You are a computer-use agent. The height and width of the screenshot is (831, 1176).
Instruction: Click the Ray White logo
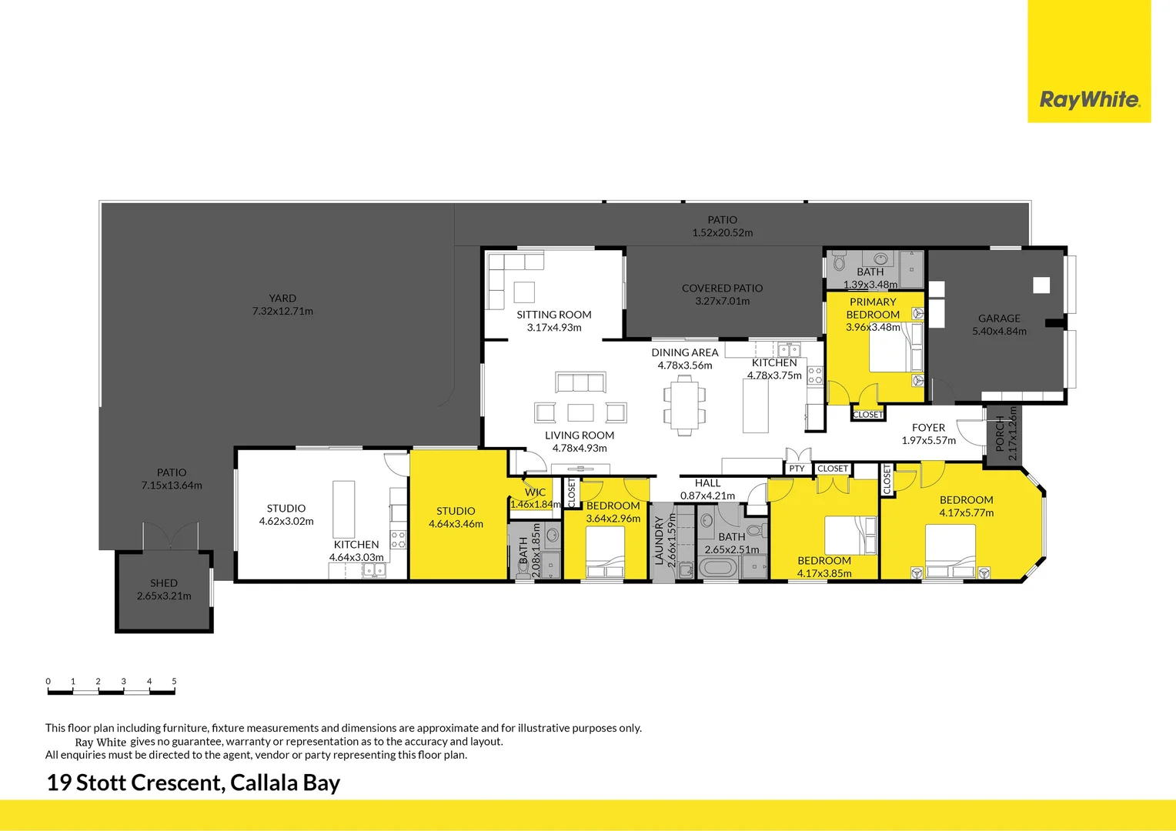pos(1089,99)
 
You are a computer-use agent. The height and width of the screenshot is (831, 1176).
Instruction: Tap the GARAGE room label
pos(999,319)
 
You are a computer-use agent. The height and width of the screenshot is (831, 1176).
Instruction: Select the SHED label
pos(164,583)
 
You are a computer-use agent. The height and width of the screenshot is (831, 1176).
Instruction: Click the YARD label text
pos(282,299)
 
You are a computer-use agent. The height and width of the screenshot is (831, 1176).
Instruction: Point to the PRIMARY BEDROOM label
pos(873,308)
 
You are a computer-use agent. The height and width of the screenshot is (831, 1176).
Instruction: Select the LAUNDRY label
pos(659,540)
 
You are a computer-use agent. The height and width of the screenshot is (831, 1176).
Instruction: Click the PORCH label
pos(1000,434)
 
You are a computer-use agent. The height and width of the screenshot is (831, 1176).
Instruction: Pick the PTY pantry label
pos(797,469)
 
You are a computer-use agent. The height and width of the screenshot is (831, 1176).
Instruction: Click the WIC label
pos(535,492)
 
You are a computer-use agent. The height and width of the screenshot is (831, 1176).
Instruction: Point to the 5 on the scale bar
pos(174,682)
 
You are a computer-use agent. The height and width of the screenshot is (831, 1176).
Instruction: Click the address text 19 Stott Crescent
pos(135,783)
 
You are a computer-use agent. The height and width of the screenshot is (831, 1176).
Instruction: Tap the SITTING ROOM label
pos(554,315)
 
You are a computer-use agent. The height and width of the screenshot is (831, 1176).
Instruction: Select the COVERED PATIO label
pos(722,289)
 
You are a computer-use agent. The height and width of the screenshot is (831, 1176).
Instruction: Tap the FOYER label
pos(928,428)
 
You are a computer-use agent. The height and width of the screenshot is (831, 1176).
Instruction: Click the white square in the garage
pos(1041,285)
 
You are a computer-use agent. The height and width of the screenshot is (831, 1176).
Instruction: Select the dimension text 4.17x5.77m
pos(966,513)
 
